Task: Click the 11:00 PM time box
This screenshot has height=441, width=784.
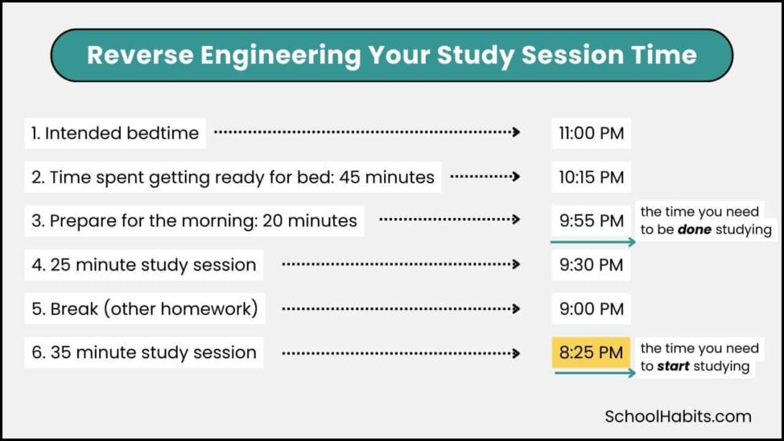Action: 592,133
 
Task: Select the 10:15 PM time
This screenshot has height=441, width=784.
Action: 592,177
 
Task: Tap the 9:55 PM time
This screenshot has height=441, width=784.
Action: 592,220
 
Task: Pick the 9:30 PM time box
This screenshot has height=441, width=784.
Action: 592,265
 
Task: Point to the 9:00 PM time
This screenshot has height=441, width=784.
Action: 592,308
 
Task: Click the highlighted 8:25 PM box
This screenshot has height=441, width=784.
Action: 592,352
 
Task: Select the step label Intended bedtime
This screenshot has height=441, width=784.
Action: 115,133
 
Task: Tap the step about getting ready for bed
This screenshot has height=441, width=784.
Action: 233,177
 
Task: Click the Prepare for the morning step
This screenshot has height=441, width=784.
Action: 195,220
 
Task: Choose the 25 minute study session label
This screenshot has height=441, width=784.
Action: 144,265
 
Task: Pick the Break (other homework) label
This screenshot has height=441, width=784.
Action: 145,308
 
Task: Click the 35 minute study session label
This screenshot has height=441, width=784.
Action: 144,352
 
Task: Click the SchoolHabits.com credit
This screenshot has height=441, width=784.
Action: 678,416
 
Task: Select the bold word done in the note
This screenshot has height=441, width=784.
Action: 694,229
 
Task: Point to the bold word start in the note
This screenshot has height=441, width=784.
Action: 673,366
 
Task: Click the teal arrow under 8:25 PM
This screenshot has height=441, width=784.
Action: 594,374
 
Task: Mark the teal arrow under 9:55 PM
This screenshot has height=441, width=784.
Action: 594,241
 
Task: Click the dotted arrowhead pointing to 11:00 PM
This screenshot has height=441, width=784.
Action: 516,132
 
